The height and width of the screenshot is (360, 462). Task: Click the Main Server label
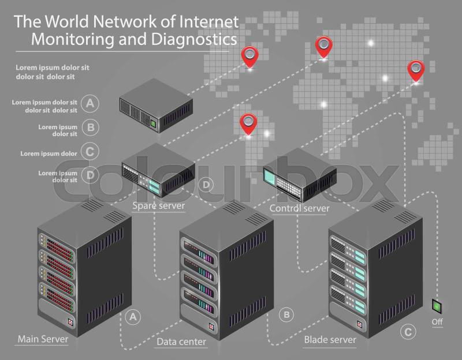pyautogui.click(x=43, y=339)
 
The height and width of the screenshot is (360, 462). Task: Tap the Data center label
pyautogui.click(x=181, y=342)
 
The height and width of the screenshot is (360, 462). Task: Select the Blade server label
pyautogui.click(x=330, y=340)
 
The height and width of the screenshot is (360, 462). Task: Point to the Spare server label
pyautogui.click(x=158, y=205)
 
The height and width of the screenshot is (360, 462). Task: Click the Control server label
pyautogui.click(x=299, y=208)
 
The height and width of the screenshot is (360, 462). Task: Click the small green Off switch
pyautogui.click(x=437, y=305)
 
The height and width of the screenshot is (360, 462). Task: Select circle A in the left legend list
pyautogui.click(x=89, y=104)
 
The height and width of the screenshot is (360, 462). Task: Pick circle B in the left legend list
pyautogui.click(x=89, y=127)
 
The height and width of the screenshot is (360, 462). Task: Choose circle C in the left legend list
pyautogui.click(x=89, y=152)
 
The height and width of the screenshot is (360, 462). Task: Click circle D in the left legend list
pyautogui.click(x=89, y=175)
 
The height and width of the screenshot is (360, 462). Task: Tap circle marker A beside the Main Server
pyautogui.click(x=133, y=316)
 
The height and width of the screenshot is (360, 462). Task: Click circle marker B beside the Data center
pyautogui.click(x=286, y=314)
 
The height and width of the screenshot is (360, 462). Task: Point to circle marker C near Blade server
pyautogui.click(x=408, y=332)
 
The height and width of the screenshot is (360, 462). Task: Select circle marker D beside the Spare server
pyautogui.click(x=206, y=185)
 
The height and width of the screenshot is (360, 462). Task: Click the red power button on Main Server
pyautogui.click(x=70, y=323)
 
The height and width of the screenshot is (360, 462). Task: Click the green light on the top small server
pyautogui.click(x=152, y=122)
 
